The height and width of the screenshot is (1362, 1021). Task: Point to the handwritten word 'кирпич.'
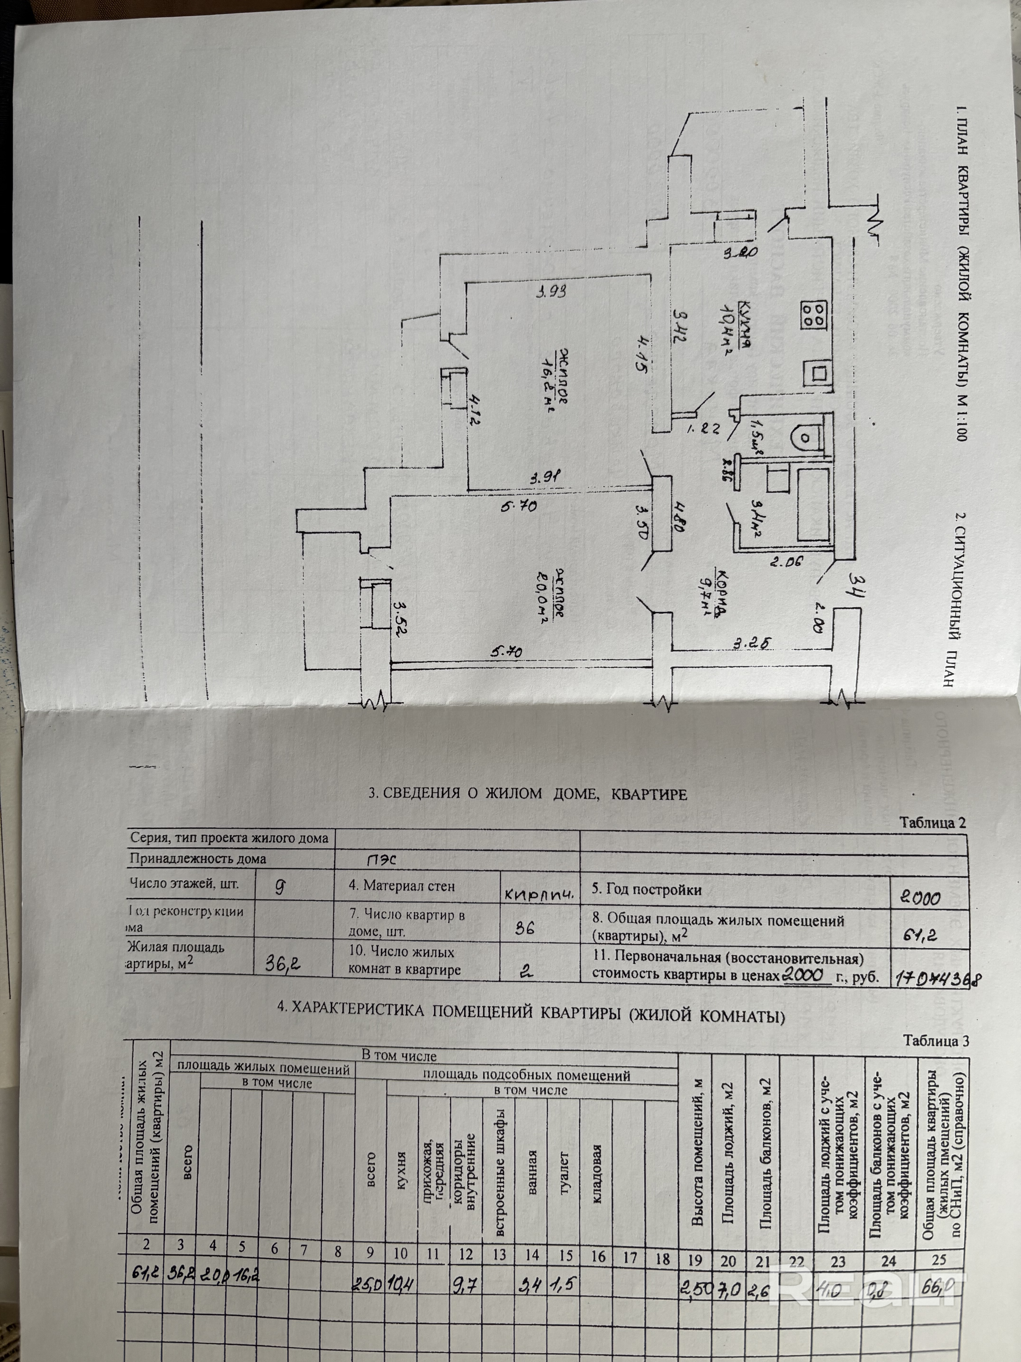(x=538, y=894)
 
